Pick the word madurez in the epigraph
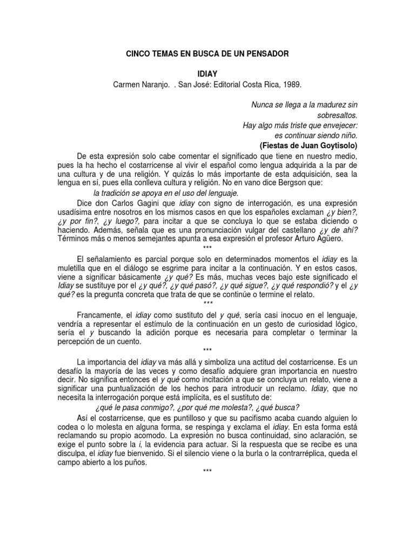tap(329, 104)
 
